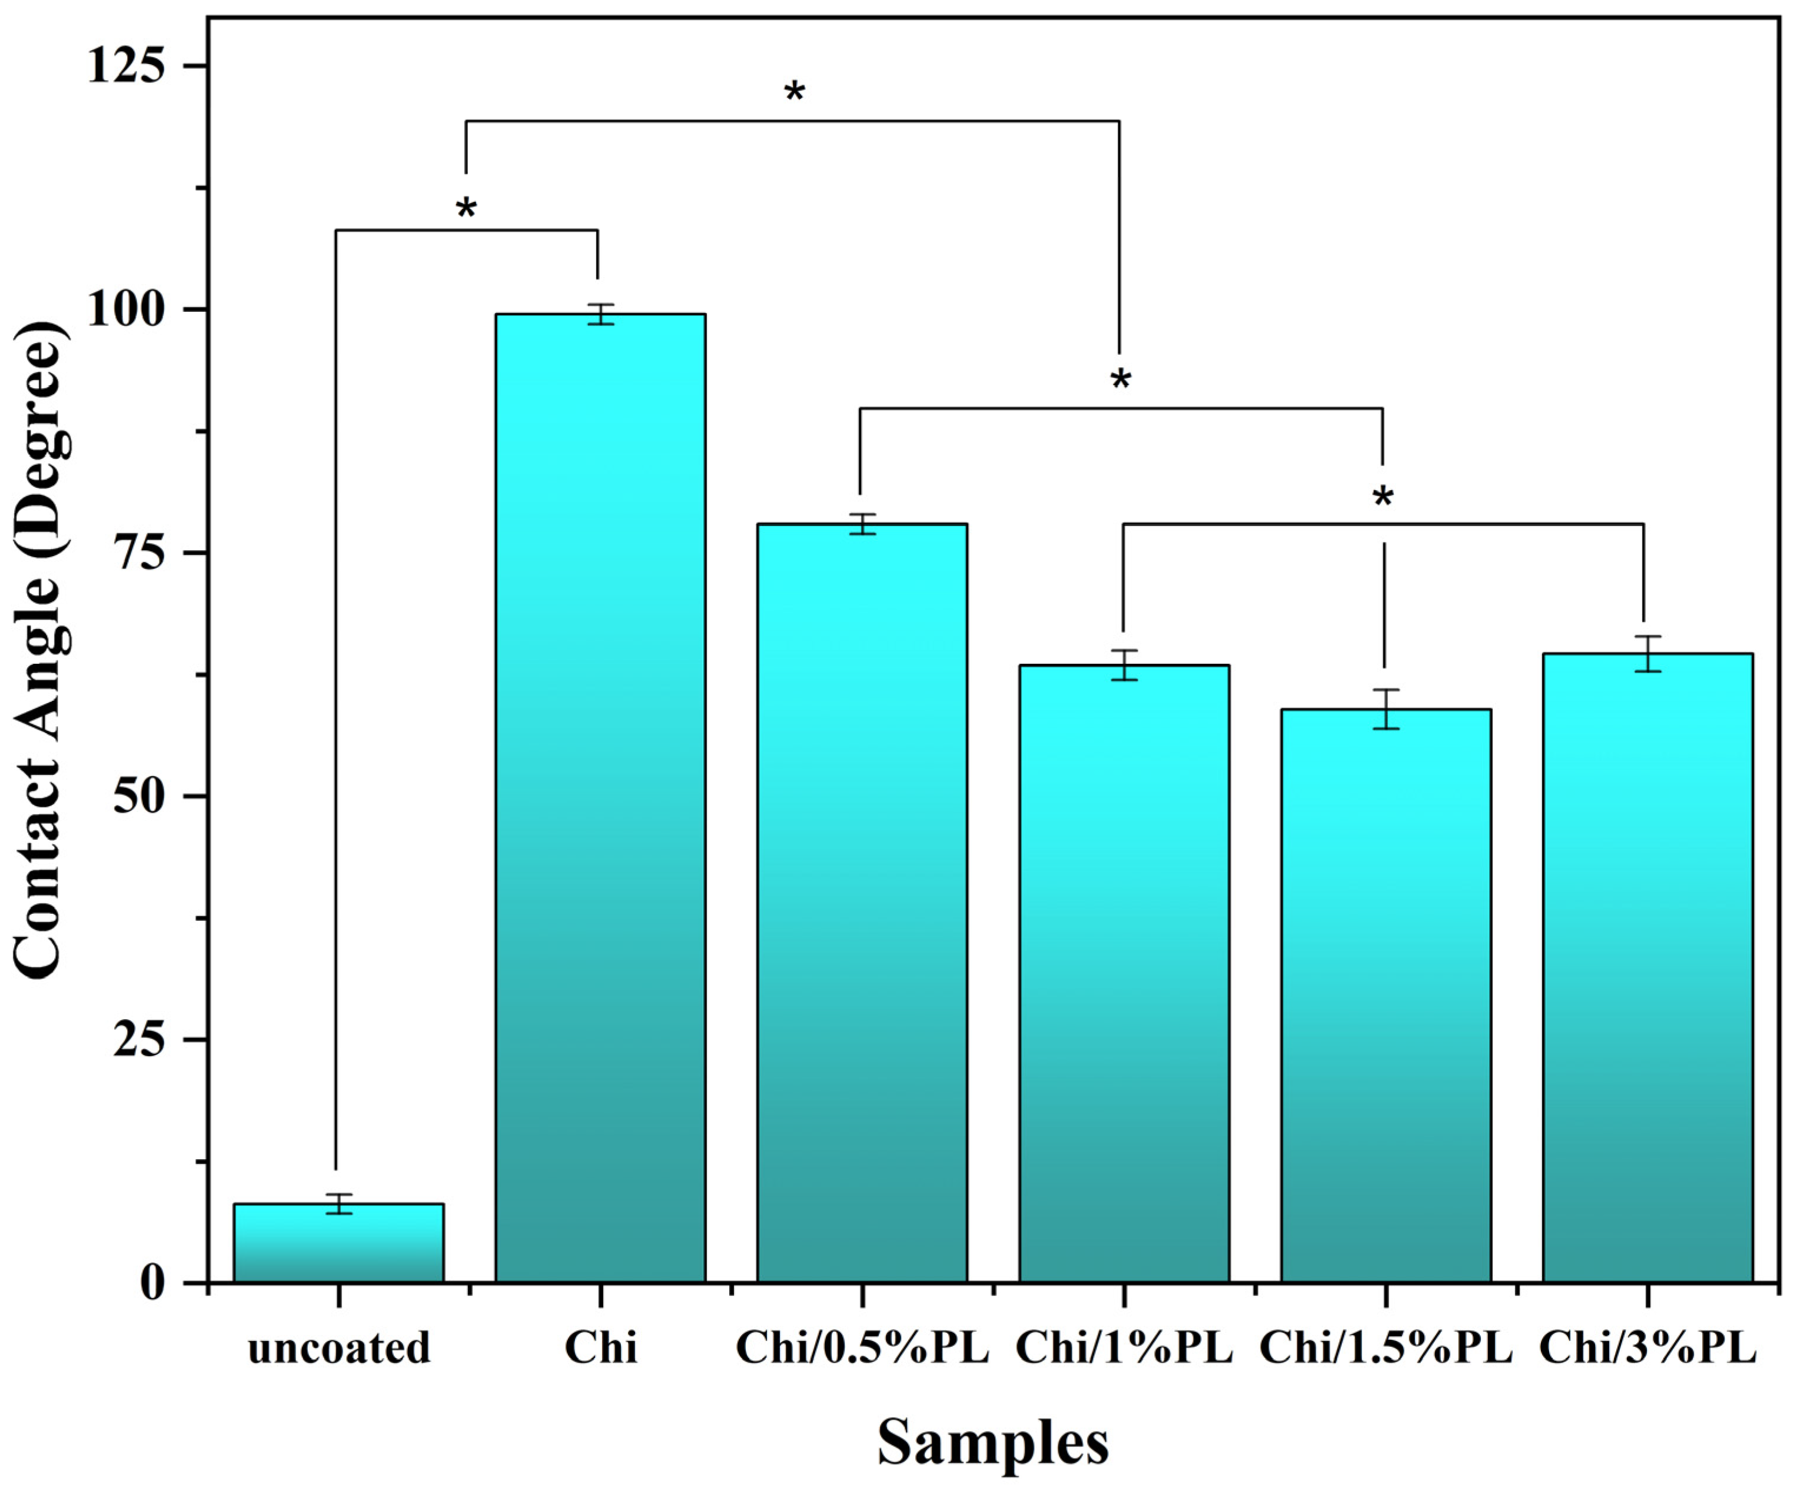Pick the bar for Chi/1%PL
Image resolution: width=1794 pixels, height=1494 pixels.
click(x=1124, y=974)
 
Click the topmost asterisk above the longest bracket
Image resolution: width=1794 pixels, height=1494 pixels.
click(x=795, y=92)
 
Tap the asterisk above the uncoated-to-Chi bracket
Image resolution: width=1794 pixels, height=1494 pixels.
click(x=466, y=208)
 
